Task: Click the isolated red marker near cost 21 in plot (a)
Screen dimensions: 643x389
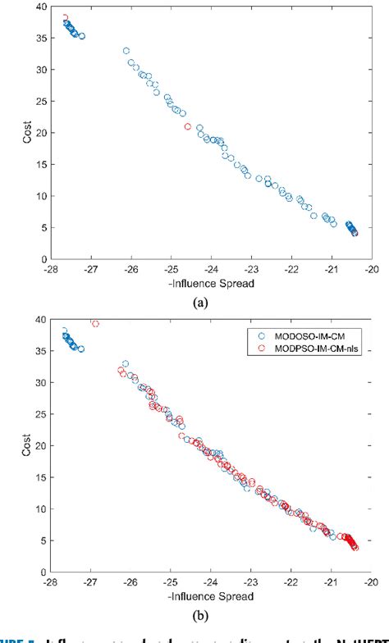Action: pyautogui.click(x=188, y=126)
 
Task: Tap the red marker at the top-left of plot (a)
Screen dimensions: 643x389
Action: pyautogui.click(x=66, y=17)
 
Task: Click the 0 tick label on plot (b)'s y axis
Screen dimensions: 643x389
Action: pyautogui.click(x=43, y=570)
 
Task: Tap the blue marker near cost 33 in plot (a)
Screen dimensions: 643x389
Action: pyautogui.click(x=126, y=51)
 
